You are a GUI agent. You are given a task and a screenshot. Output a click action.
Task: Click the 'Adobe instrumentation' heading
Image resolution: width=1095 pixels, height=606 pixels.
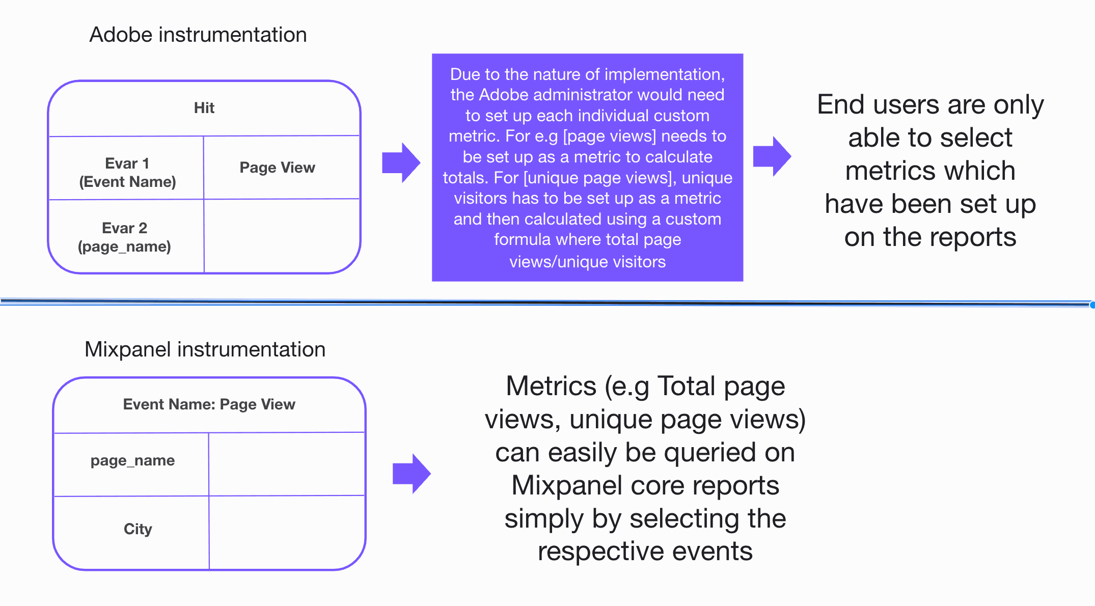click(x=198, y=35)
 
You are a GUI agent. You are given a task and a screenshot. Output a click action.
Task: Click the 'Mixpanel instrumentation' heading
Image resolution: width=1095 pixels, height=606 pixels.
click(x=205, y=350)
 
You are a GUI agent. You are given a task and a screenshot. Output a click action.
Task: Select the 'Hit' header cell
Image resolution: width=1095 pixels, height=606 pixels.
click(x=204, y=108)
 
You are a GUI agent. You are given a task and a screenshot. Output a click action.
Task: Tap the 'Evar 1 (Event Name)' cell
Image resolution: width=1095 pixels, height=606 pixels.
click(x=127, y=173)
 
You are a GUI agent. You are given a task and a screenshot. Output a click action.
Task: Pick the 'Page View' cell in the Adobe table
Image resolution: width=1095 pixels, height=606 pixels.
click(x=277, y=168)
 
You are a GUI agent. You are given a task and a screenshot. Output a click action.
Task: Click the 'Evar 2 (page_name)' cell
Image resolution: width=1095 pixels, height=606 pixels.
click(x=125, y=237)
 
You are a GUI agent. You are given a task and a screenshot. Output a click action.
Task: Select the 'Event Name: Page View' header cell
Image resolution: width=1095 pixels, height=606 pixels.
click(x=209, y=404)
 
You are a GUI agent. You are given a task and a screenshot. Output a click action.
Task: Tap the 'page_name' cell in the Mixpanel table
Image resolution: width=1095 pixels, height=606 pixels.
click(x=132, y=461)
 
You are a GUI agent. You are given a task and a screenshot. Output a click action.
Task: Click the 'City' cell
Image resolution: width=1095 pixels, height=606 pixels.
click(x=138, y=529)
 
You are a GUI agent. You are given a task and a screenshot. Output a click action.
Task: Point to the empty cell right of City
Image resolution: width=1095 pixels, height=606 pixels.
click(x=287, y=532)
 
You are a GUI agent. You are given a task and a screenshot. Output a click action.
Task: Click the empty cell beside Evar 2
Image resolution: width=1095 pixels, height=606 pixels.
click(x=282, y=236)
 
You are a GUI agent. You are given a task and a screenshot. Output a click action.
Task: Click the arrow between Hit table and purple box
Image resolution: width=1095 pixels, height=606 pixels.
click(x=401, y=163)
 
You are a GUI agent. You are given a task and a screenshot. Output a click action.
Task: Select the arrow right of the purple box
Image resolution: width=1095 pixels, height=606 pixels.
click(x=772, y=156)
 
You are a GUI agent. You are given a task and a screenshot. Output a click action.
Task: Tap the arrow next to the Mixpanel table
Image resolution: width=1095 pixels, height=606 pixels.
click(x=412, y=474)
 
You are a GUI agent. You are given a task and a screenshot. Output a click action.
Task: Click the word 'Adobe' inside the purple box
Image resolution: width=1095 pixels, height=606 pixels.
click(x=504, y=95)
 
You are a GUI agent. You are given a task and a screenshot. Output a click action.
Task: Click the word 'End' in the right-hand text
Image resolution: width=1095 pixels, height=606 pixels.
click(x=841, y=105)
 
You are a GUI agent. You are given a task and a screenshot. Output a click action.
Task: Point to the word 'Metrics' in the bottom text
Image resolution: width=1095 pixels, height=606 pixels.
click(x=551, y=386)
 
